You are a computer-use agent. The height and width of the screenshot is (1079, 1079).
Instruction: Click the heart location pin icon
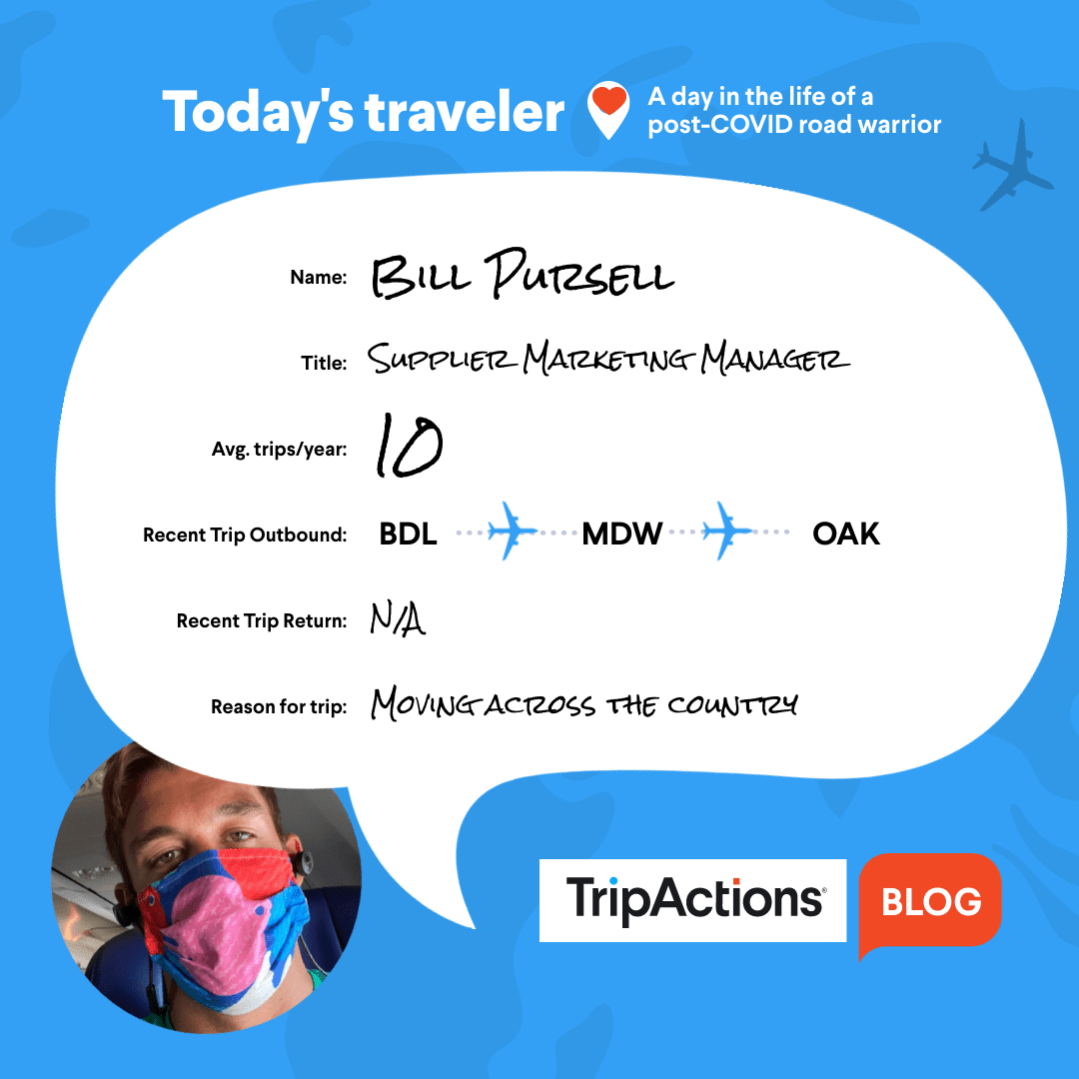607,110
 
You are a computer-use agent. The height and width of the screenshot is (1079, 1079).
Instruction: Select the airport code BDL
408,534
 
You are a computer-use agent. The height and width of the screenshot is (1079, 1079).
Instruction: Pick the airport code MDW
622,534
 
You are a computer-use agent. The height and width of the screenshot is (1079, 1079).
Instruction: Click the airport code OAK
846,534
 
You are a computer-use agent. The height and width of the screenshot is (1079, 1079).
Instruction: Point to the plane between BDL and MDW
512,532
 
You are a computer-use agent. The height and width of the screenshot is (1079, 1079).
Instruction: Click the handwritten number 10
409,446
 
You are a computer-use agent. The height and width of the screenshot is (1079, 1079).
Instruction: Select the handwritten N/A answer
398,618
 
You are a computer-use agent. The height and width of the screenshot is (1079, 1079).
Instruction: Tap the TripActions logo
693,900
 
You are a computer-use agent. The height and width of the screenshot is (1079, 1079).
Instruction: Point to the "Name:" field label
319,278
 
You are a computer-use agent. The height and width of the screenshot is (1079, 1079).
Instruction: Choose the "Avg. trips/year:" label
280,450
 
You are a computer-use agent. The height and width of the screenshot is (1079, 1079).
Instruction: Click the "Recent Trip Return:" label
262,620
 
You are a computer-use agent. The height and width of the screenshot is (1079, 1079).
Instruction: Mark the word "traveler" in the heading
465,112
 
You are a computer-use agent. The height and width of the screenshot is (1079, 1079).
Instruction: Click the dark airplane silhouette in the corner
1011,166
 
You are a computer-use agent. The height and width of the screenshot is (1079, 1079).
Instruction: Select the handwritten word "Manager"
775,358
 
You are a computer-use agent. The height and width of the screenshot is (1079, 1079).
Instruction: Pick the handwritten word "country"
733,705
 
